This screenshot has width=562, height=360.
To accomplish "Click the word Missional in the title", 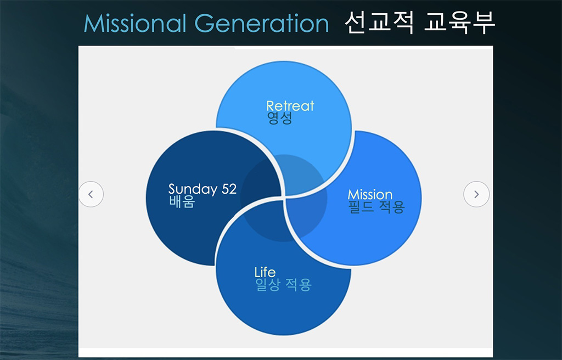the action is (x=135, y=24).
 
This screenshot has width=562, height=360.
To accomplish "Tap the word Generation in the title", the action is (x=262, y=24).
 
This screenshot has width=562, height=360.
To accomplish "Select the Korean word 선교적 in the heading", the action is (x=379, y=22).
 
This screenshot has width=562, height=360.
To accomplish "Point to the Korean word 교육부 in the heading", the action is (x=459, y=22).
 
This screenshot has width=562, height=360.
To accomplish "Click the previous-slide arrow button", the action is (x=91, y=194).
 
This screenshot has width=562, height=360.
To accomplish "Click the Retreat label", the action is (x=290, y=106).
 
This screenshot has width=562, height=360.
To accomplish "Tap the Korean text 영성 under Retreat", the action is (x=279, y=118).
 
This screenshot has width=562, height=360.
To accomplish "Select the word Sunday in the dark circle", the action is (x=193, y=189).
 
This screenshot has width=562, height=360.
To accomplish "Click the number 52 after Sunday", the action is (x=229, y=189).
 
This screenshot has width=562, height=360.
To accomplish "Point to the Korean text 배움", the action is (x=182, y=202).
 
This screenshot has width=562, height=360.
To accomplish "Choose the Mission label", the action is (x=370, y=195).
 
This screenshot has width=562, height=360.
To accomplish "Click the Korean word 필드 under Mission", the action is (x=361, y=207).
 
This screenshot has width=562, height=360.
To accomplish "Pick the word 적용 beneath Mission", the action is (x=392, y=207).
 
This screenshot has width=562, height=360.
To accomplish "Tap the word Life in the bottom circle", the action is (x=265, y=272).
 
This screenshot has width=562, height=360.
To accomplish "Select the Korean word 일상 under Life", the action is (x=268, y=285).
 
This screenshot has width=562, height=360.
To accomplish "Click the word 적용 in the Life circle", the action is (x=299, y=285).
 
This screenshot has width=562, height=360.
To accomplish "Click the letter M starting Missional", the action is (x=92, y=24).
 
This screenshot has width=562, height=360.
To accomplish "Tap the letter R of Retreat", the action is (x=270, y=106).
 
